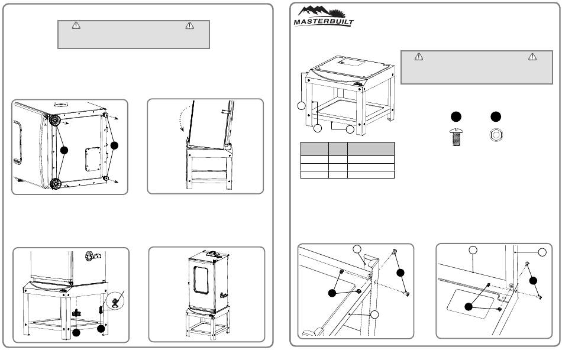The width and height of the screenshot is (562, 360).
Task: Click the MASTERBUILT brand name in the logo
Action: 324,23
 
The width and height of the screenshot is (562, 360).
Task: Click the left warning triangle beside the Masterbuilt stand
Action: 418,57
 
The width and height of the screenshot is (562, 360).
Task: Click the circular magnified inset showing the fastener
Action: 117,299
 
